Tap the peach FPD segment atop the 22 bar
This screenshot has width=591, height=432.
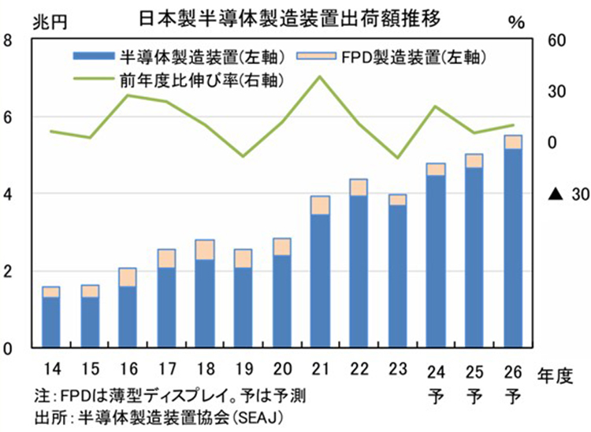click(359, 187)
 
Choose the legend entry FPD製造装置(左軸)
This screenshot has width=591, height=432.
click(393, 57)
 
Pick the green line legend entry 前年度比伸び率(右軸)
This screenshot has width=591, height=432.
click(180, 80)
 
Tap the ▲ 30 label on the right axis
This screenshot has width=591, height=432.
click(555, 195)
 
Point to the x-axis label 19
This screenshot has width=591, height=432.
click(243, 369)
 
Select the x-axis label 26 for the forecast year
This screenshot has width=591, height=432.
click(513, 369)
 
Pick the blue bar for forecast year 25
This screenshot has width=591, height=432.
click(474, 257)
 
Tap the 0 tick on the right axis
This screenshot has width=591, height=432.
click(552, 143)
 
